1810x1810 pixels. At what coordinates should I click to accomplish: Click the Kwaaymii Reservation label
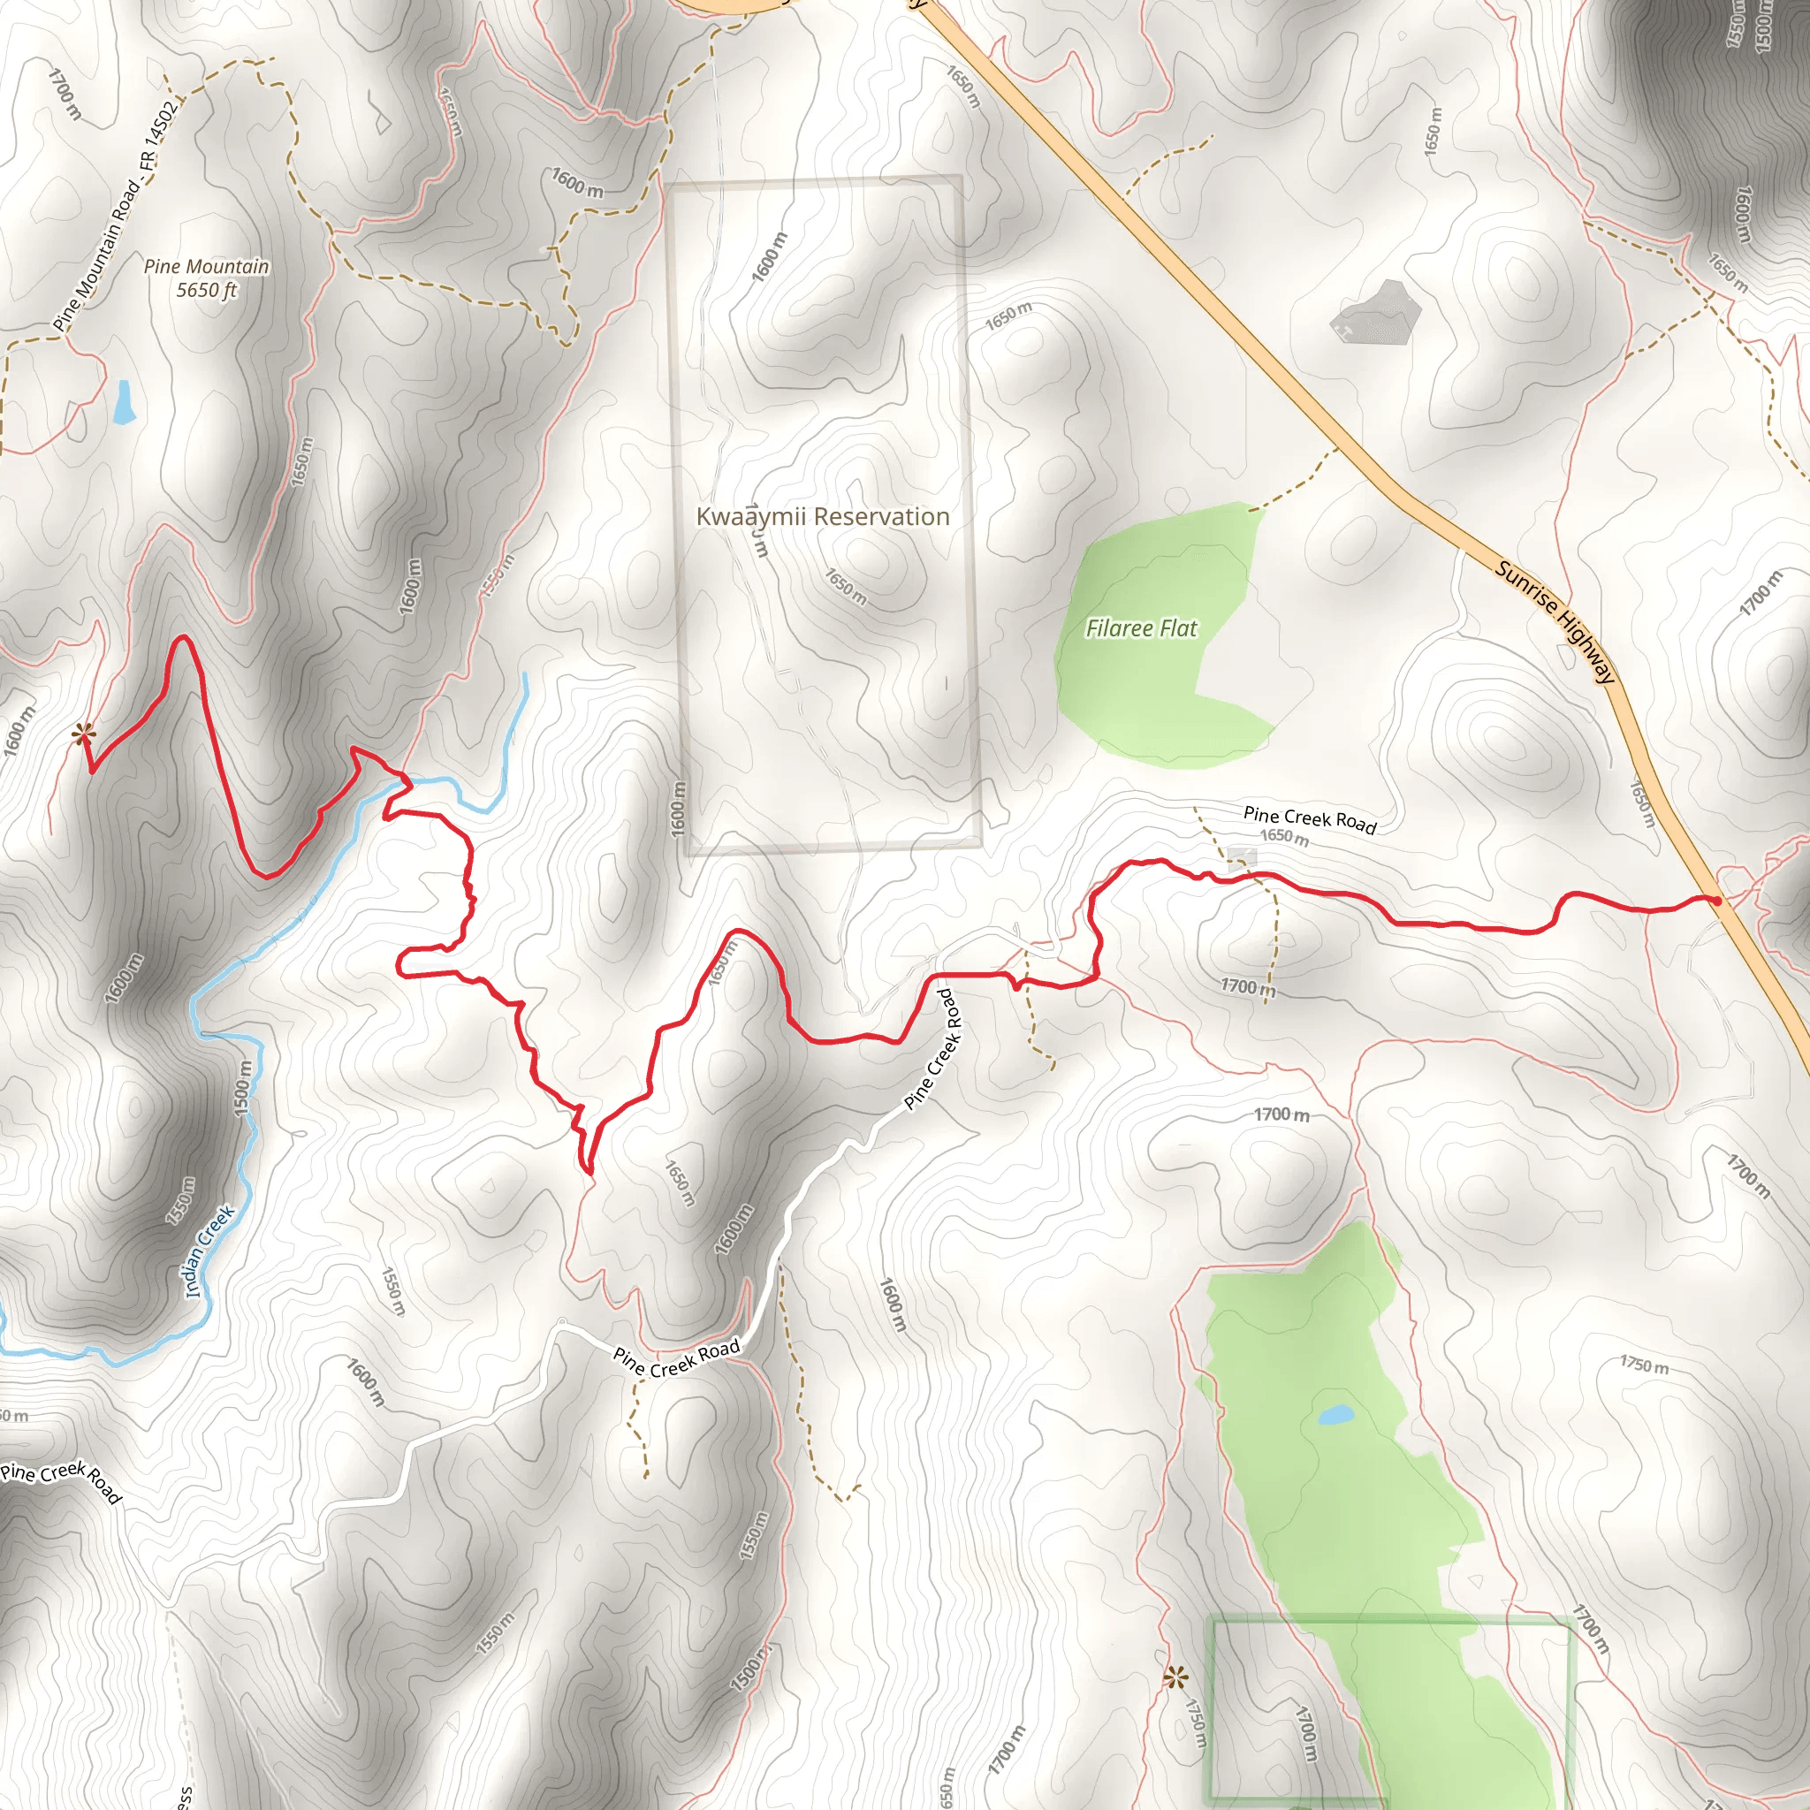(822, 516)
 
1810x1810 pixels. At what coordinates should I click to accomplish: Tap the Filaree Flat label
(1140, 627)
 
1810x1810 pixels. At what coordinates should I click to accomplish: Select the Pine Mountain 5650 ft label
(206, 278)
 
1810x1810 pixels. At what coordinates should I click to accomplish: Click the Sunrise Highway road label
(1555, 621)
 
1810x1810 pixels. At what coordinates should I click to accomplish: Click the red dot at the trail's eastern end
(1715, 901)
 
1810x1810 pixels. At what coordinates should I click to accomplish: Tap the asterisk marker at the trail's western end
(83, 734)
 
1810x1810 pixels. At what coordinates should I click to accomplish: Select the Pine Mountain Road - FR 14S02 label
(114, 215)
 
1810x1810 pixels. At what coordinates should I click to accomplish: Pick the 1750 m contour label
(1644, 1364)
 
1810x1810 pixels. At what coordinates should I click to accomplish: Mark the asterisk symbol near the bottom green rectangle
(1174, 1676)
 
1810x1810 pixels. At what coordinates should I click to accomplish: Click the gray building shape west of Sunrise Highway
(1374, 312)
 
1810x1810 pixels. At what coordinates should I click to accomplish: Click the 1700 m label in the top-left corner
(65, 93)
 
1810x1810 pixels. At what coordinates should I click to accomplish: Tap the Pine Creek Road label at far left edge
(61, 1480)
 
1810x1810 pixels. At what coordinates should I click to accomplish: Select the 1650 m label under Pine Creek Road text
(1282, 837)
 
